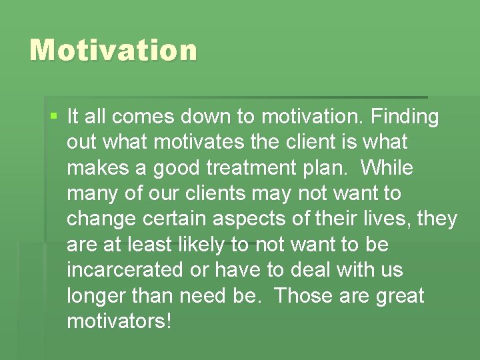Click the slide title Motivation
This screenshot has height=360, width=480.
[113, 51]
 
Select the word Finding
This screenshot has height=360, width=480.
[404, 117]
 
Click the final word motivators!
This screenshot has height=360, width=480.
[119, 321]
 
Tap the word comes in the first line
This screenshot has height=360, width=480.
[142, 117]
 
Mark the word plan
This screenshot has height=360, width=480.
[305, 168]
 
